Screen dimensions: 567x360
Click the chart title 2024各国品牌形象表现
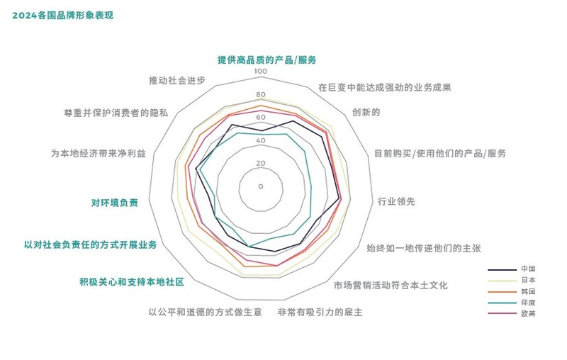point(62,16)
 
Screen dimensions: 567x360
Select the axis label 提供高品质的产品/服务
point(267,60)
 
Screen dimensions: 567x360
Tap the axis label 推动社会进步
point(177,80)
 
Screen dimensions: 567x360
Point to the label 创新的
point(366,113)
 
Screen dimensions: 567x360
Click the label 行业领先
point(396,201)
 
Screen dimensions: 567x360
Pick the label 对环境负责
point(114,203)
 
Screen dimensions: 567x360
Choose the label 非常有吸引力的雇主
point(320,312)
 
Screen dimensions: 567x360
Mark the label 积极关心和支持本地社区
point(132,281)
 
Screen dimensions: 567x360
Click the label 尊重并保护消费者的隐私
point(116,113)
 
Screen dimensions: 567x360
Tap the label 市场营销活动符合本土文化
point(391,286)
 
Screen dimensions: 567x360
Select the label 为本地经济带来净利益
point(99,154)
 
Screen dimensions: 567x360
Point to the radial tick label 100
point(260,71)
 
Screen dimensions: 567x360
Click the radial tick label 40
point(261,140)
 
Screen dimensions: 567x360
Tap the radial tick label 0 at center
point(261,186)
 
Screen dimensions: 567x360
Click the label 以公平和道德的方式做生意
point(206,312)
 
